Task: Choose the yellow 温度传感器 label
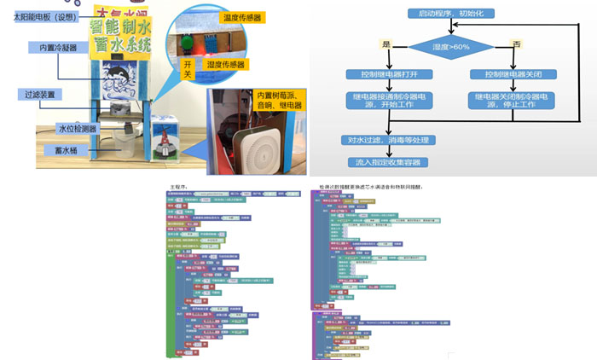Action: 241,17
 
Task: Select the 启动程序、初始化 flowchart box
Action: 451,15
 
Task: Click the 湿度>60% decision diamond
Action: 451,46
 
